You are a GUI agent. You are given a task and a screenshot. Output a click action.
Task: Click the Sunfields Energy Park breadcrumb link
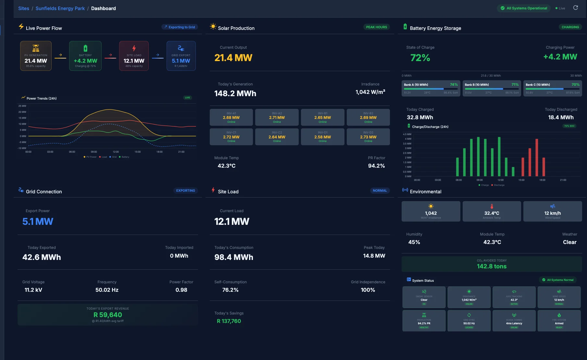[60, 8]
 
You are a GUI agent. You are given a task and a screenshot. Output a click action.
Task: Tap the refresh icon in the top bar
[575, 8]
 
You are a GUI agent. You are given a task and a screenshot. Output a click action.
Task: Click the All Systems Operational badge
[523, 8]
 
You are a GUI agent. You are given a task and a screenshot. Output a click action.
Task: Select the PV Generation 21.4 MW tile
[36, 56]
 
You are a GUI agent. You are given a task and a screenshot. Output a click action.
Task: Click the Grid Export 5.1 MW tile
[181, 56]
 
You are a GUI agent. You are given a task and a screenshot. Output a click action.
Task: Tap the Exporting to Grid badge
[180, 27]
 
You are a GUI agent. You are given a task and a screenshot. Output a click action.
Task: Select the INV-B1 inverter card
[322, 117]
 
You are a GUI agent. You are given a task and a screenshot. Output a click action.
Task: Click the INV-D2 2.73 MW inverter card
[368, 137]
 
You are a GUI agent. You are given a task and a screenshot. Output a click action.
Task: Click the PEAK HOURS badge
[376, 27]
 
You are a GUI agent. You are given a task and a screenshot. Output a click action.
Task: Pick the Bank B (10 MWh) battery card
[492, 88]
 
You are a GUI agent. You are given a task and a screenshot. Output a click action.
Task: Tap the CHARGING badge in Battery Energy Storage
[570, 27]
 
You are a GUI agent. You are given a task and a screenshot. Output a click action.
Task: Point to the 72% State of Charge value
[420, 58]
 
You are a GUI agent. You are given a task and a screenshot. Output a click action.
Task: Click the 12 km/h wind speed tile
[552, 212]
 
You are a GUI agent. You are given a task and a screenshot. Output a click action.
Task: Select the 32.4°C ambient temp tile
[492, 212]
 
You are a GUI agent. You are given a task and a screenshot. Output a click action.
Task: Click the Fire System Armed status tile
[559, 321]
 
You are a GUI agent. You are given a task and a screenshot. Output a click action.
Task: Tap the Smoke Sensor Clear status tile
[424, 297]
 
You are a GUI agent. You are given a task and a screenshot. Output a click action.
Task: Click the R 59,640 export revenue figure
[108, 315]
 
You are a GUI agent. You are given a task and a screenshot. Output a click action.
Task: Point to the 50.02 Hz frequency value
[107, 290]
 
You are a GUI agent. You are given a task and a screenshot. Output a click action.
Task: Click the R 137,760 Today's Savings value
[229, 321]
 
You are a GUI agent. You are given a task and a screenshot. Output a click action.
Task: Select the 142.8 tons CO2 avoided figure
[492, 266]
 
